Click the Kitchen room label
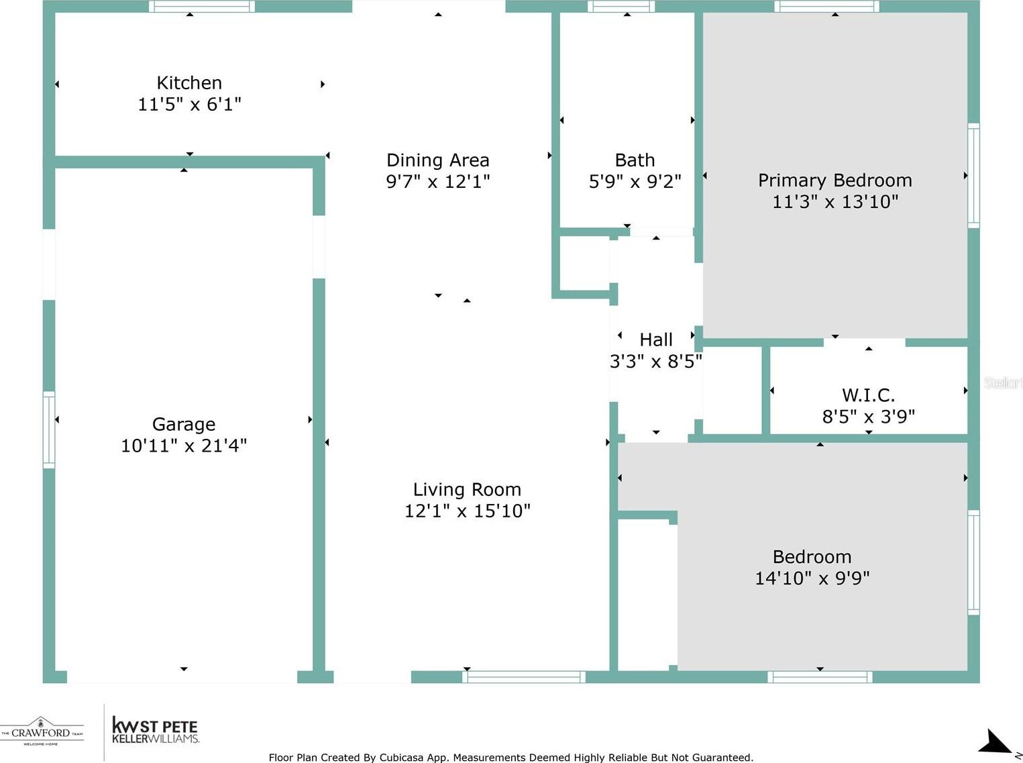[x=189, y=83]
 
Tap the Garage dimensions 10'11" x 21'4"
[x=184, y=446]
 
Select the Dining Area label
[x=437, y=160]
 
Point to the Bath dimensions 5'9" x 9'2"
[x=635, y=181]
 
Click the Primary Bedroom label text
[x=834, y=181]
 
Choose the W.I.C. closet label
[x=868, y=395]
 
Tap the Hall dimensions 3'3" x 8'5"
[x=656, y=361]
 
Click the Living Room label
[x=467, y=490]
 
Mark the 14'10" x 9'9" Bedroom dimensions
[x=812, y=578]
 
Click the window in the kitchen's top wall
[x=202, y=7]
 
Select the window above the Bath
[x=621, y=7]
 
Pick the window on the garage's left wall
[x=49, y=429]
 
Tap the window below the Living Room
[x=524, y=677]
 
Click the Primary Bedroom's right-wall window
[x=973, y=175]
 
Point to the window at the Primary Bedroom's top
[x=827, y=7]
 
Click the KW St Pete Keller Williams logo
[x=155, y=730]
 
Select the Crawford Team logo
[x=42, y=731]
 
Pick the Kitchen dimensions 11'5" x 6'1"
[x=189, y=105]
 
